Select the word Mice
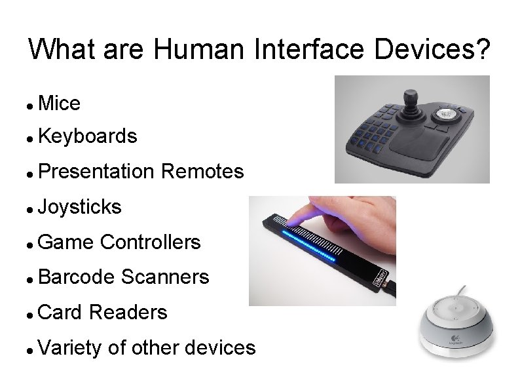click(x=60, y=103)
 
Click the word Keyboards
click(x=88, y=136)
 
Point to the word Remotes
click(x=202, y=172)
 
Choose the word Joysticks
click(x=80, y=207)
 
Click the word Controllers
click(x=151, y=242)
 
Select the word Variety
click(x=69, y=347)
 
